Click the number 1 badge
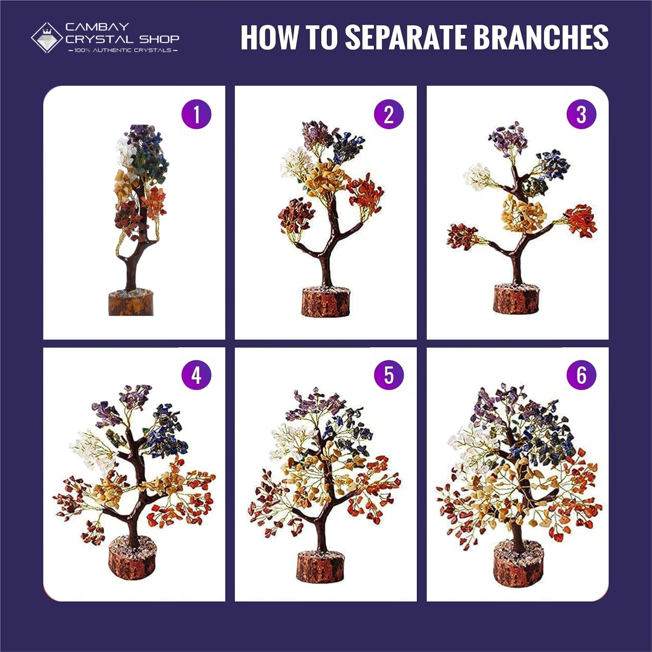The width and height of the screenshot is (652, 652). point(196,114)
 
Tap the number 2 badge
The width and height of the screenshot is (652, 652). point(389,114)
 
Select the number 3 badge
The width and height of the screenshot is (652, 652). point(582,114)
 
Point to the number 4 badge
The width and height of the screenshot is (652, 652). point(196,375)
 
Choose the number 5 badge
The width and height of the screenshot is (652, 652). point(389,375)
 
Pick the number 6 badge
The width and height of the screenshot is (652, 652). point(582,375)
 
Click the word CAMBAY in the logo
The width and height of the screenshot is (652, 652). point(97,27)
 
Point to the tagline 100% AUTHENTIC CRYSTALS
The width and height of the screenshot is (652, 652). point(123,50)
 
